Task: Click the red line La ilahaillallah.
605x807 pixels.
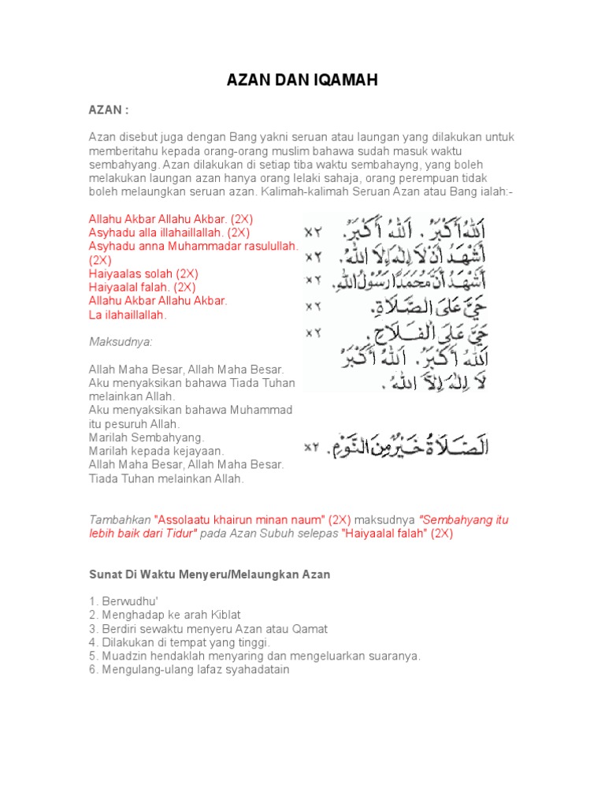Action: (x=128, y=315)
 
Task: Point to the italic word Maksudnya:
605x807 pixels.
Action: (x=121, y=342)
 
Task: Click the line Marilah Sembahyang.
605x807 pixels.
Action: (x=147, y=437)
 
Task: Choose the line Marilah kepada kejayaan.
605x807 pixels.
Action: (x=157, y=451)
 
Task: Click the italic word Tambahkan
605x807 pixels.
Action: (x=120, y=520)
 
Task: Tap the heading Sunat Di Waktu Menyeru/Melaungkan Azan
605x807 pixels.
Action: (x=209, y=575)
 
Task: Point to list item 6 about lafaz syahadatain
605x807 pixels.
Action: (x=189, y=670)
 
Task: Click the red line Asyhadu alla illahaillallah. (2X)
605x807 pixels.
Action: (x=169, y=232)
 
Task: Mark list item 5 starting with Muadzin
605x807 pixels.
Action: (x=254, y=656)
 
